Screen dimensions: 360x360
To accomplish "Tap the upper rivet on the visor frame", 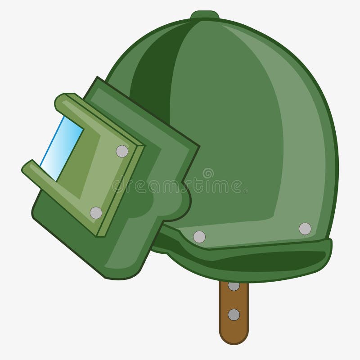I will [122, 151].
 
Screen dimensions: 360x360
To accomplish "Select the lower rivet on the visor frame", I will [96, 213].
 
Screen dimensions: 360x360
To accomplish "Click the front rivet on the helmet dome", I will [199, 237].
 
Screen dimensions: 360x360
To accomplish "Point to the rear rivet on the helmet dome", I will [305, 229].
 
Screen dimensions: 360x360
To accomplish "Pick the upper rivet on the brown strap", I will [234, 285].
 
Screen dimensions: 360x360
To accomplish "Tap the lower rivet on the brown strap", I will [234, 315].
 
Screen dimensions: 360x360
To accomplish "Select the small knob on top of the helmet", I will [205, 15].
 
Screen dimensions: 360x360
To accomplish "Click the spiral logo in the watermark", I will [208, 173].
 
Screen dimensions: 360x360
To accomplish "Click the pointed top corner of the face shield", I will [97, 79].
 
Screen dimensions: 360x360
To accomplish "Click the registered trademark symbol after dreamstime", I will [245, 191].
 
